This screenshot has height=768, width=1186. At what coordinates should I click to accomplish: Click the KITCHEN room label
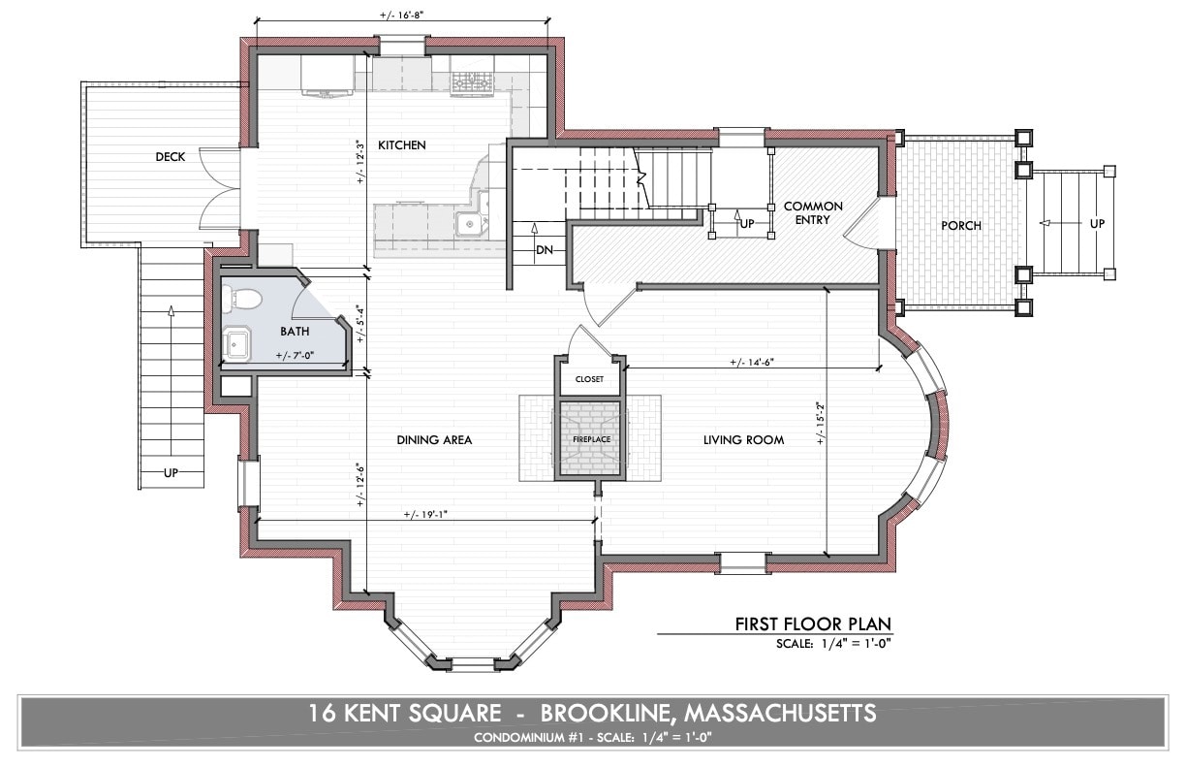[x=401, y=145]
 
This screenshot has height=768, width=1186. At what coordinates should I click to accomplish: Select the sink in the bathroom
[x=237, y=342]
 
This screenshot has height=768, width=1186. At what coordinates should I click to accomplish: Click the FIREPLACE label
[x=590, y=439]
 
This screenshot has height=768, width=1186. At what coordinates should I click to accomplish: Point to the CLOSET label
[x=589, y=379]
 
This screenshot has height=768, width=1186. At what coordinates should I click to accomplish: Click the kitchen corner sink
[x=471, y=223]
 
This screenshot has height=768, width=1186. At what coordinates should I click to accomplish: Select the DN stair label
[x=546, y=249]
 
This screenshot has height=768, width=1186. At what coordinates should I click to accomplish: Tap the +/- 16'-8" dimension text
[x=401, y=16]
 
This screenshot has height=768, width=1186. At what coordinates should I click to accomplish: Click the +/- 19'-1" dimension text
[x=427, y=515]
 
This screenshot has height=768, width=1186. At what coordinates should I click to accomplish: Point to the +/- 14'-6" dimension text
[x=752, y=362]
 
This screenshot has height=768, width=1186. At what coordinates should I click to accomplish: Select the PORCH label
[x=960, y=226]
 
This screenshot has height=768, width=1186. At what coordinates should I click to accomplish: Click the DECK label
[x=171, y=157]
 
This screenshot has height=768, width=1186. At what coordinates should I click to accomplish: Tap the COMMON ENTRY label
[x=812, y=213]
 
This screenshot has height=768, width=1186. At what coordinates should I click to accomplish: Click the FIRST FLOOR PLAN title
[x=812, y=624]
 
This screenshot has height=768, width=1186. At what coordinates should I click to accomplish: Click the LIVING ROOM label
[x=743, y=440]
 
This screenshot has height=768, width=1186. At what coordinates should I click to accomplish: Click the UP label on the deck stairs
[x=171, y=472]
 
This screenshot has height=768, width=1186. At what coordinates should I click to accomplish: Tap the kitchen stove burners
[x=475, y=84]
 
